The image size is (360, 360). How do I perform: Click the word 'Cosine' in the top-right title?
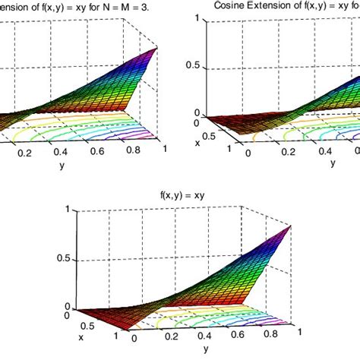coord(229,5)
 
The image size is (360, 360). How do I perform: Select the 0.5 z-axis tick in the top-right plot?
coord(192,65)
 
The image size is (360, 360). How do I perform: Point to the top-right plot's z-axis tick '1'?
coord(197,16)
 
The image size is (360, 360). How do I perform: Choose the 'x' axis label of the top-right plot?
coord(197,141)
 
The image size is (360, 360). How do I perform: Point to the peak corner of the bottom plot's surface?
coord(292,226)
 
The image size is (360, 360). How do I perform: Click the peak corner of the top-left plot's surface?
coord(157,48)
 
